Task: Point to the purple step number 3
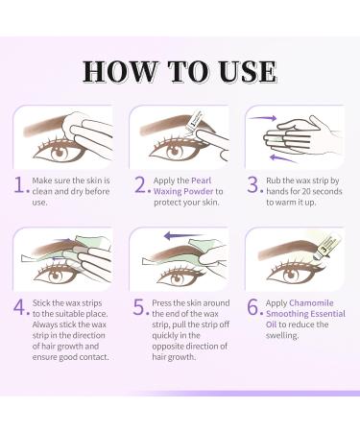pos(254,185)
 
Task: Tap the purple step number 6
pos(254,307)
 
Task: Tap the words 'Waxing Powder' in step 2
pos(180,192)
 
